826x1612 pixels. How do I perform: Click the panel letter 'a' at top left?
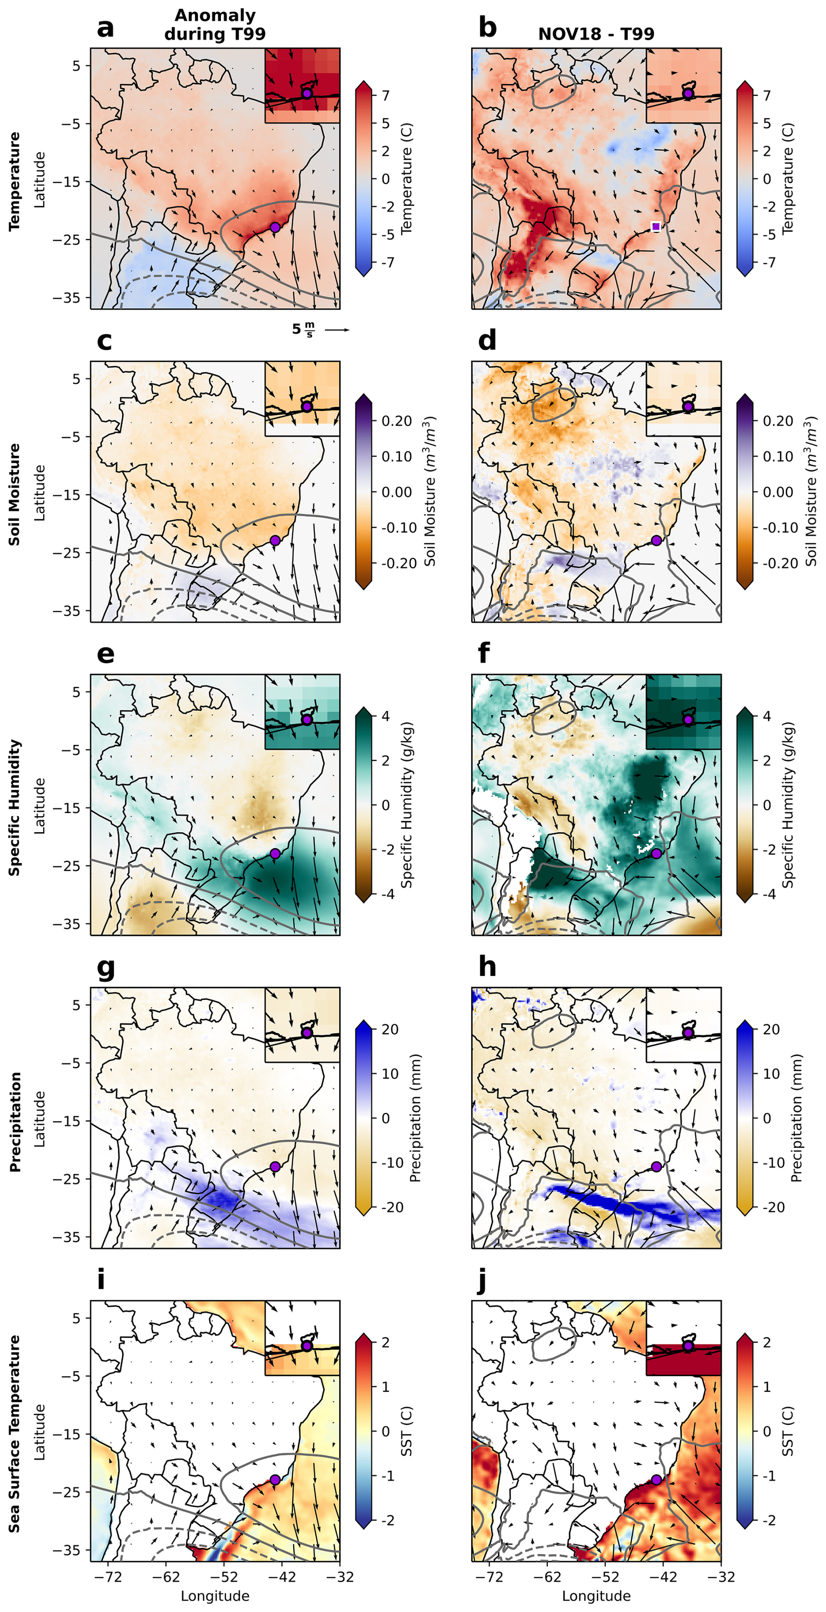point(105,28)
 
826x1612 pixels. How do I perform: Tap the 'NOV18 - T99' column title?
point(596,34)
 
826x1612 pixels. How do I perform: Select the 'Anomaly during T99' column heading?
point(215,24)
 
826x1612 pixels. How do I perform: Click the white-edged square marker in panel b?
point(655,227)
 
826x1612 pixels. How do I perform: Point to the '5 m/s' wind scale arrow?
point(337,330)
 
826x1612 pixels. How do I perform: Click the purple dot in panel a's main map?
point(275,227)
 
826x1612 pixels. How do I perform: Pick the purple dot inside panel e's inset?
point(306,720)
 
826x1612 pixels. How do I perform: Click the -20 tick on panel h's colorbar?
point(774,1207)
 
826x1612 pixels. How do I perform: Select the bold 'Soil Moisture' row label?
point(14,494)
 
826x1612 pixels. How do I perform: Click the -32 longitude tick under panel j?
point(721,1577)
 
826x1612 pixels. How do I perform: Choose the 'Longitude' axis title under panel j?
point(596,1596)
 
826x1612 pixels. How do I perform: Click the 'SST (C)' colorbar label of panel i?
point(407,1431)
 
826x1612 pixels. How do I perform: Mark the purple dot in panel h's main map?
point(656,1167)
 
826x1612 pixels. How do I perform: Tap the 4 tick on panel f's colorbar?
point(767,716)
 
